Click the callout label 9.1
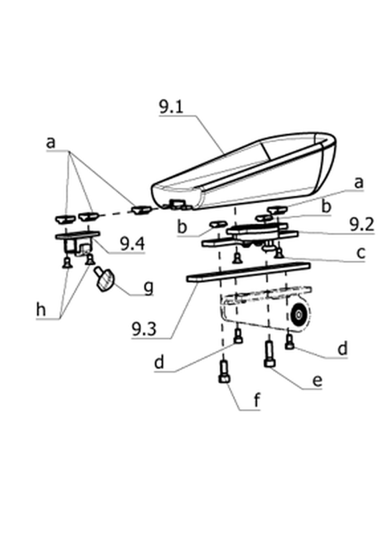pos(171,107)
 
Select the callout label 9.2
pos(361,225)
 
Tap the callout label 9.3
pos(144,329)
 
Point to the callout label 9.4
pos(133,244)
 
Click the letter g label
pos(148,288)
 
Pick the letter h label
pos(41,309)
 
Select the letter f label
pos(257,400)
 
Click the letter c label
pos(361,253)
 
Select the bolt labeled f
pos(224,372)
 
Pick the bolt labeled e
pos(270,354)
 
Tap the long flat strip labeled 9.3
pos(248,272)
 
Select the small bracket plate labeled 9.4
pos(78,241)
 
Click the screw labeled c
pos(279,252)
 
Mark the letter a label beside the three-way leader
pos(51,143)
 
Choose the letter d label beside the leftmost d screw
pos(159,363)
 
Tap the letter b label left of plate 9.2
pos(182,227)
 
